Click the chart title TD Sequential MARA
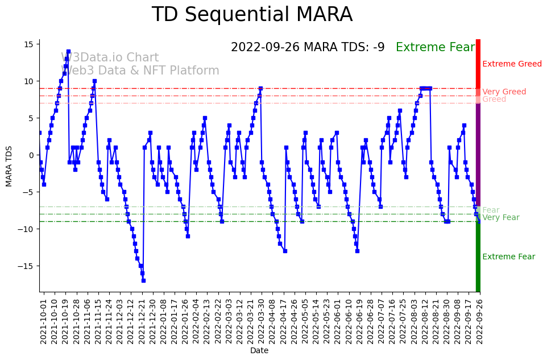tap(252, 15)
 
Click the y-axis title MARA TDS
tap(9, 165)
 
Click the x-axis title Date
tap(259, 351)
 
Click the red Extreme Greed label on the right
tap(512, 64)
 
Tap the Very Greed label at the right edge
tap(504, 92)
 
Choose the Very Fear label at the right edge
tap(500, 217)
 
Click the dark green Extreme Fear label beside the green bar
tap(508, 256)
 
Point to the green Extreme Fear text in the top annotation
tap(435, 47)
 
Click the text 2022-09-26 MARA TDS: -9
tap(308, 47)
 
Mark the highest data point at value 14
tap(68, 52)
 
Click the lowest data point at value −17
tap(143, 280)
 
